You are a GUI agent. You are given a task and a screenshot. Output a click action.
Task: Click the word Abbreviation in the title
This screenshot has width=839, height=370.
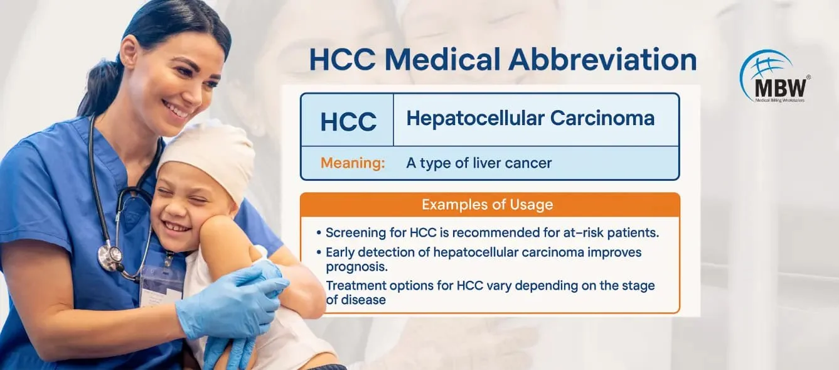pos(602,59)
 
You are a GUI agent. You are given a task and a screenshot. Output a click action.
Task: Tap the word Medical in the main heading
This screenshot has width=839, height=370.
pos(443,59)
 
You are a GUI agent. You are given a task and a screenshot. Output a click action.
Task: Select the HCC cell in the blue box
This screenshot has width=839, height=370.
pos(348,121)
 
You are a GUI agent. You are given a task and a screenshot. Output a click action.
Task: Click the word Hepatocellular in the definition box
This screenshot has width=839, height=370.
pos(475,119)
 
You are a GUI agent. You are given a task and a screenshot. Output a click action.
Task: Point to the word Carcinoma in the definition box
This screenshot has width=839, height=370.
pos(602,118)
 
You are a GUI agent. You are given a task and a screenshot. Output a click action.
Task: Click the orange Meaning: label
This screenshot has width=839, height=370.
pos(353,163)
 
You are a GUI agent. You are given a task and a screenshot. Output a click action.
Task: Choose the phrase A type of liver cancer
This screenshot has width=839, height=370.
pos(479,163)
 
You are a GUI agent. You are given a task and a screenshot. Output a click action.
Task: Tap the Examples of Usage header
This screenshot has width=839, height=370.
pos(488,205)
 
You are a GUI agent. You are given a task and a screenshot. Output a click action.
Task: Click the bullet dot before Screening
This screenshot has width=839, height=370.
pos(319,233)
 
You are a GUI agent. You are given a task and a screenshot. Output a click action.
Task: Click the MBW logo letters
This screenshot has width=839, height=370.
pos(780,88)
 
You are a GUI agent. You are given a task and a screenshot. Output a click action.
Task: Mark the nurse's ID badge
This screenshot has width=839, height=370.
pos(161,285)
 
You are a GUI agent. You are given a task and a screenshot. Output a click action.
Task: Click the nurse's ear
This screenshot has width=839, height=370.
pos(129,53)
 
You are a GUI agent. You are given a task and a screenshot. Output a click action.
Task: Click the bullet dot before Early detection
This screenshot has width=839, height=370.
pos(319,253)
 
